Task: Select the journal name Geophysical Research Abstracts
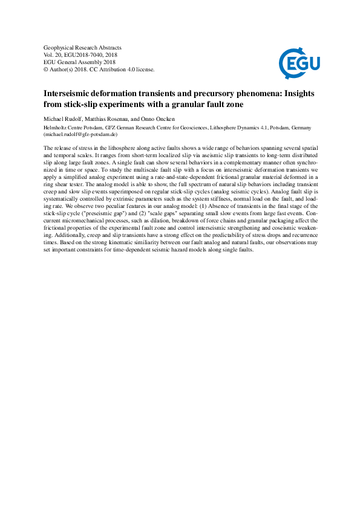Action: pyautogui.click(x=82, y=47)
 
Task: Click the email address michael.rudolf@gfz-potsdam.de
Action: pyautogui.click(x=85, y=134)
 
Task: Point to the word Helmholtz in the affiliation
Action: pyautogui.click(x=58, y=128)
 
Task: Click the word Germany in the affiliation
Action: pyautogui.click(x=299, y=128)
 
